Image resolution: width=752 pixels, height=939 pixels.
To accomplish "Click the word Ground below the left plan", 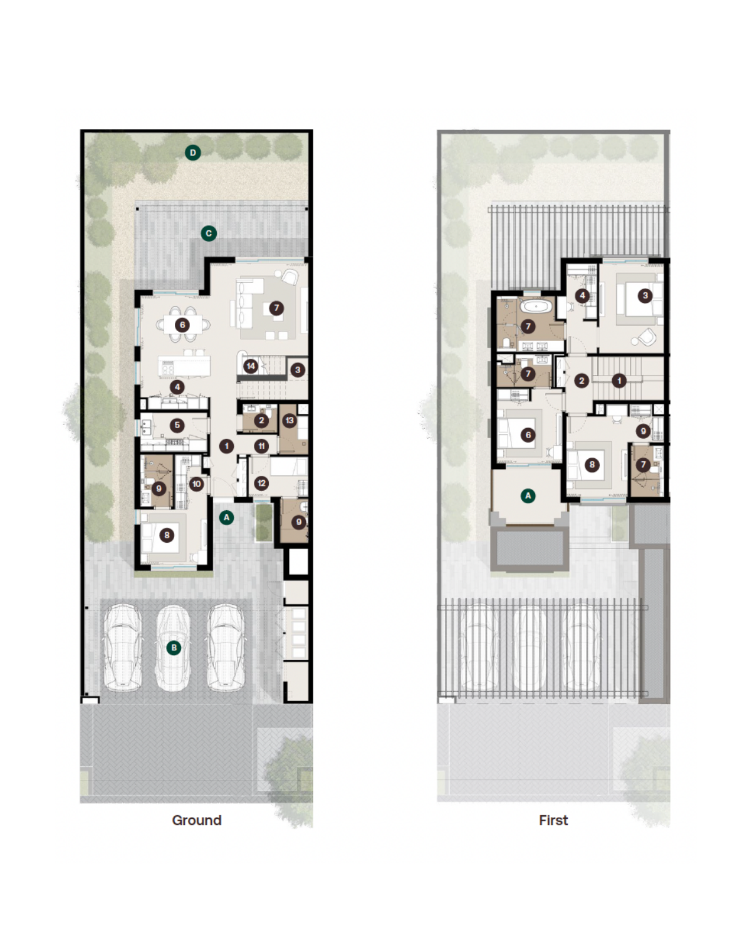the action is (x=197, y=820).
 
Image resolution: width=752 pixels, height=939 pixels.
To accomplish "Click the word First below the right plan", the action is (x=553, y=820).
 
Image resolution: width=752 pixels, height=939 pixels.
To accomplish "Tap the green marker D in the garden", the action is (x=192, y=153).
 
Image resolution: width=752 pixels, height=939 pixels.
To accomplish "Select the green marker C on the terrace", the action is (x=209, y=233).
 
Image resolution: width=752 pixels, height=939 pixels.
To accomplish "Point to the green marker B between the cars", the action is (x=174, y=647).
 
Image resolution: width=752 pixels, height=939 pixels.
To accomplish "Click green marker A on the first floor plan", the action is (x=528, y=496).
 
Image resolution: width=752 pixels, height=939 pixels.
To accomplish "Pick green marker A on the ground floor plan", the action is (x=226, y=518).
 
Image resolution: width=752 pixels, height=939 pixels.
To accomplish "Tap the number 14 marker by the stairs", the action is (x=251, y=366).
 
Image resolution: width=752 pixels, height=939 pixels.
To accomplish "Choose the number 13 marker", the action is (x=290, y=421).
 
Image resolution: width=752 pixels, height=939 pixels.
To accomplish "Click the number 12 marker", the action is (x=261, y=483).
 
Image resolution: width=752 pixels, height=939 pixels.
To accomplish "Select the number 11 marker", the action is (x=261, y=446).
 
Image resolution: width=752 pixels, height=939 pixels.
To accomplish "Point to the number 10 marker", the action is (x=197, y=483).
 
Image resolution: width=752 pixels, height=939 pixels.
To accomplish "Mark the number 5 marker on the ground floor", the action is (x=177, y=425).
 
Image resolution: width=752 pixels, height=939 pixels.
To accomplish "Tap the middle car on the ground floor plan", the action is (x=173, y=647).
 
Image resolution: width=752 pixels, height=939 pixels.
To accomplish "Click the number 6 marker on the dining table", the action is (x=182, y=325).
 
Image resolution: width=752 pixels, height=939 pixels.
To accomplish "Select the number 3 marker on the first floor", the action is (x=645, y=295).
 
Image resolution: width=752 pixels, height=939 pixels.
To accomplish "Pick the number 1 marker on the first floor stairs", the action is (x=619, y=381).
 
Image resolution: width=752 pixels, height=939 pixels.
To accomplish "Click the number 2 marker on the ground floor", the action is (x=261, y=421).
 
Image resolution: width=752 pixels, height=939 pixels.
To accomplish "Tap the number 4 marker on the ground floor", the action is (x=177, y=387).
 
